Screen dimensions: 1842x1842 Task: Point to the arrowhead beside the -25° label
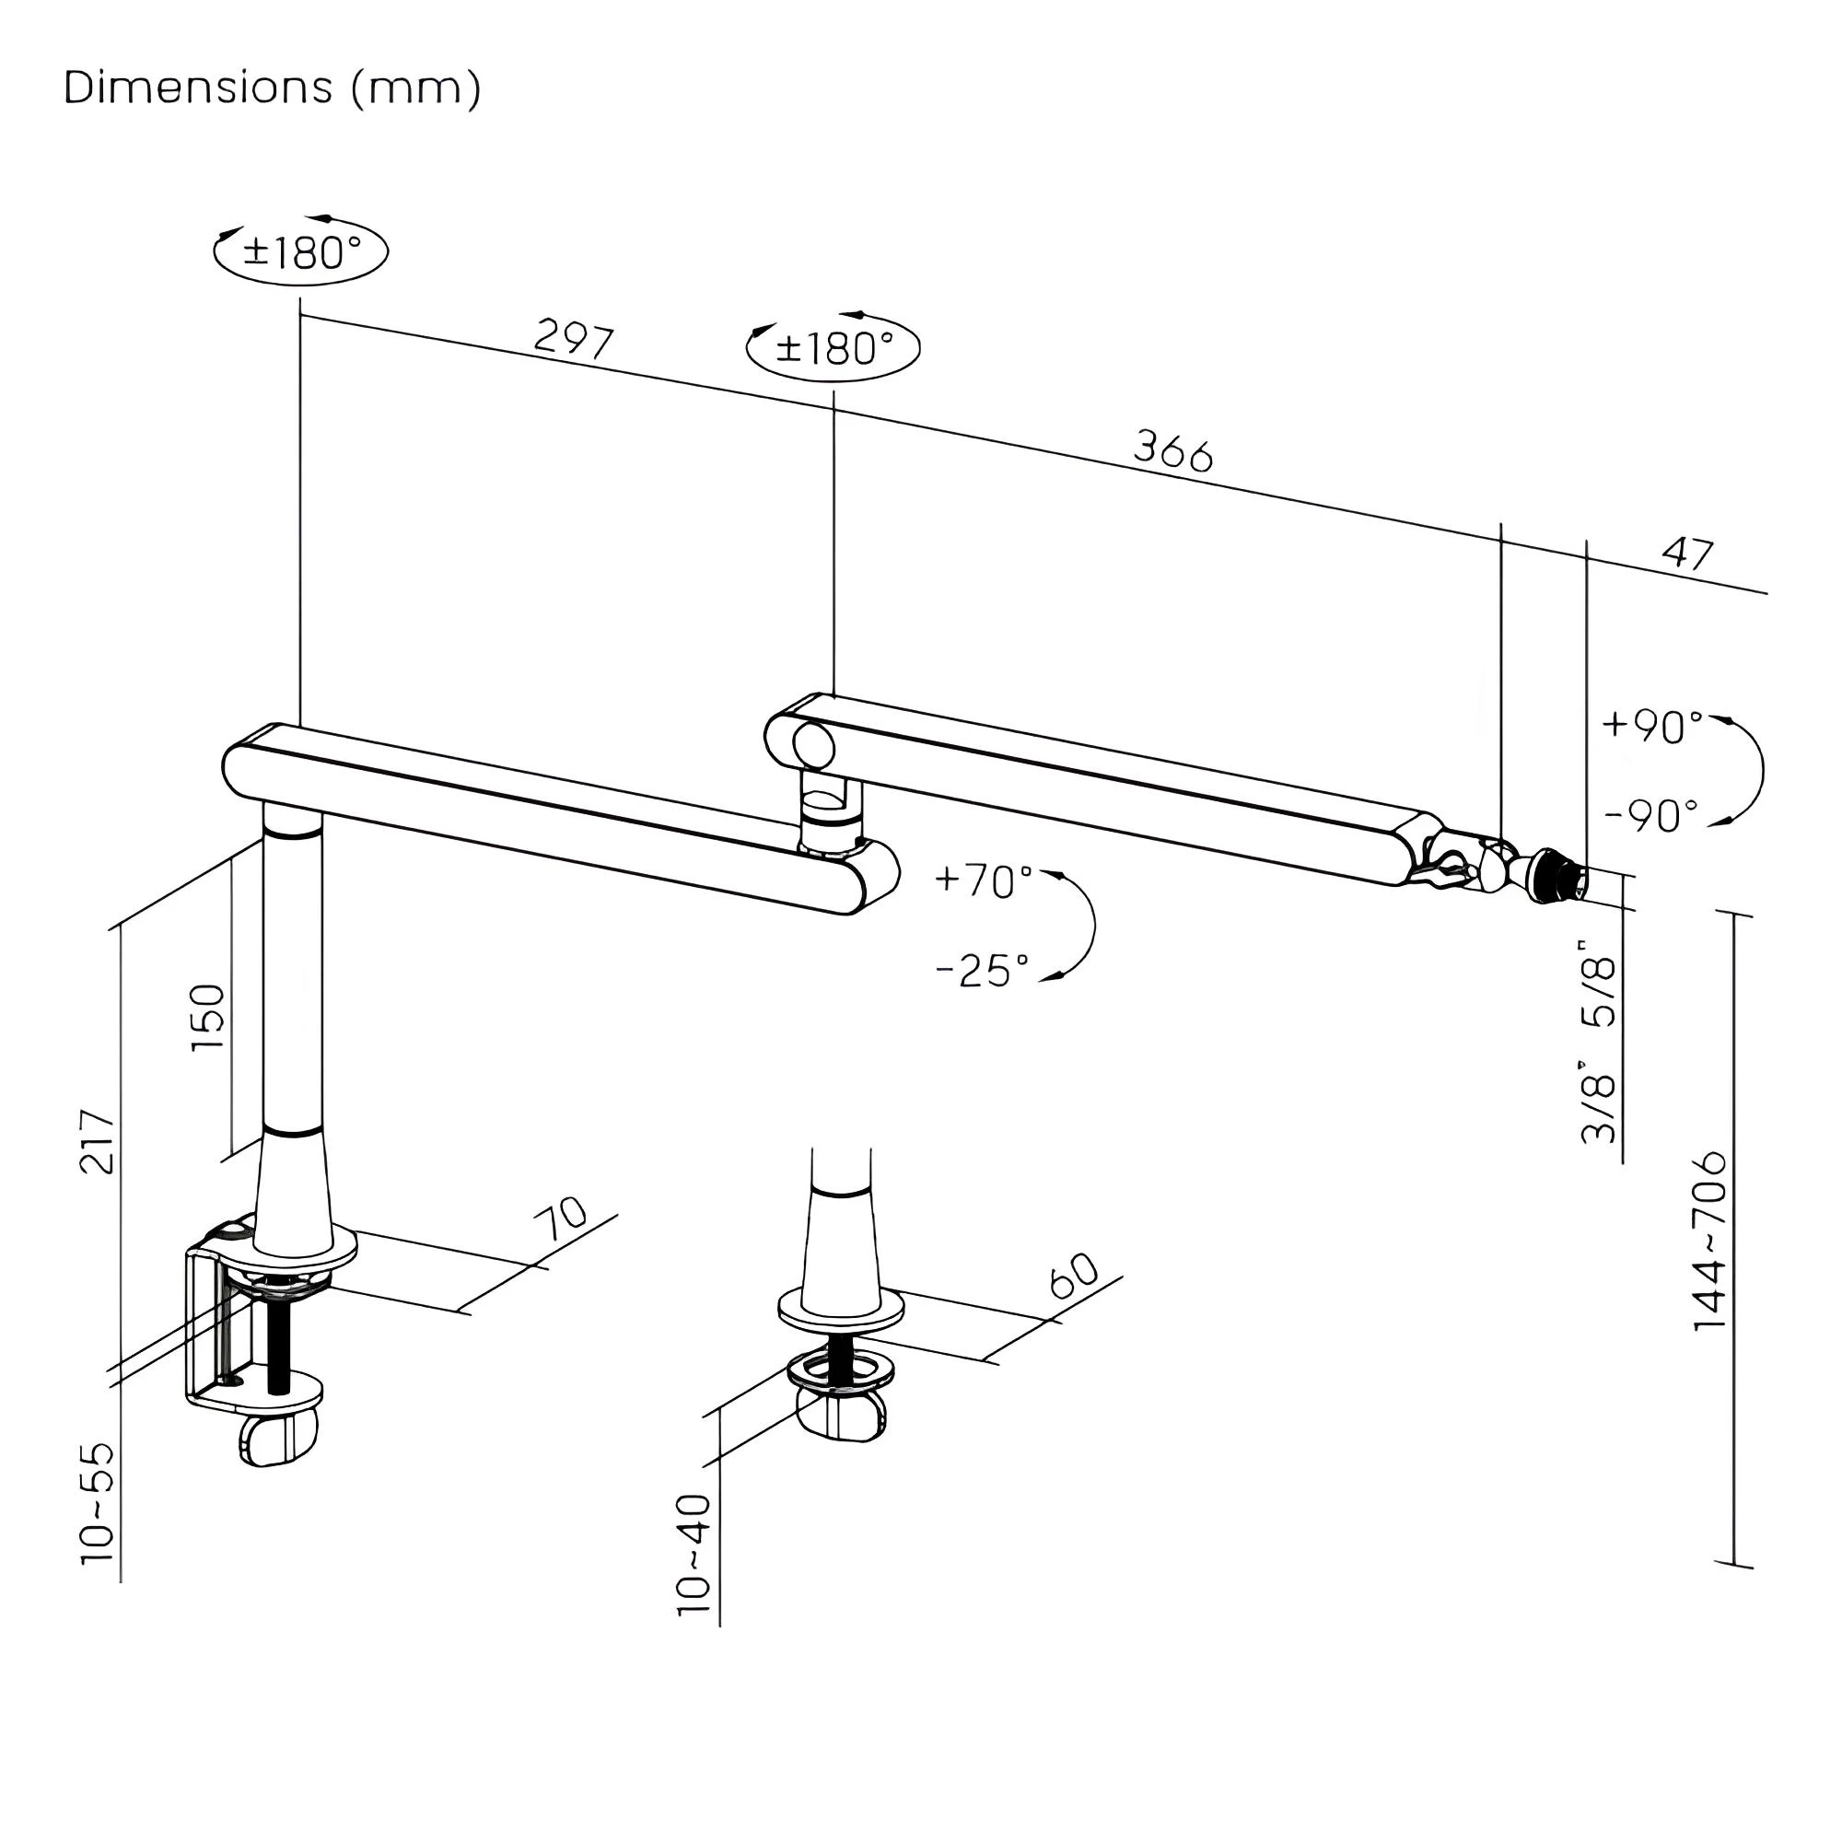pos(1052,977)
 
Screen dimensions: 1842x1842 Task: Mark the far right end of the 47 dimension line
pos(1766,593)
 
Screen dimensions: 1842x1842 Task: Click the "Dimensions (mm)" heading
pos(273,88)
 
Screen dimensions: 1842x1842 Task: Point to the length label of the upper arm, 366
pos(1172,450)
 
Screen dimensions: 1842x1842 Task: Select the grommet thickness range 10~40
pos(694,1554)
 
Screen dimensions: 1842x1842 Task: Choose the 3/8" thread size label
pos(1599,1102)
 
